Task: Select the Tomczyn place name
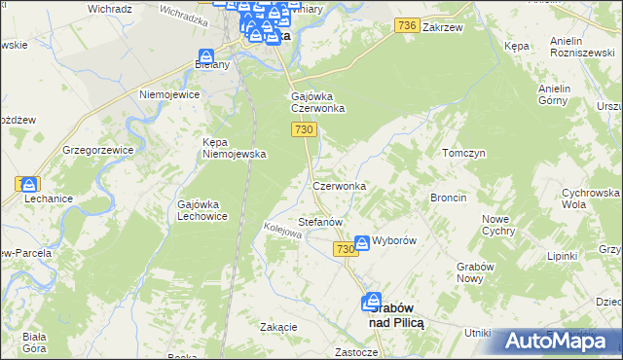463,154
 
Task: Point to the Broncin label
449,198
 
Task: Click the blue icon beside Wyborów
362,242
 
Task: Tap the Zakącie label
278,327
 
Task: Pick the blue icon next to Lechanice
29,183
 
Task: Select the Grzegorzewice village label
96,151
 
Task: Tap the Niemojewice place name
169,95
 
